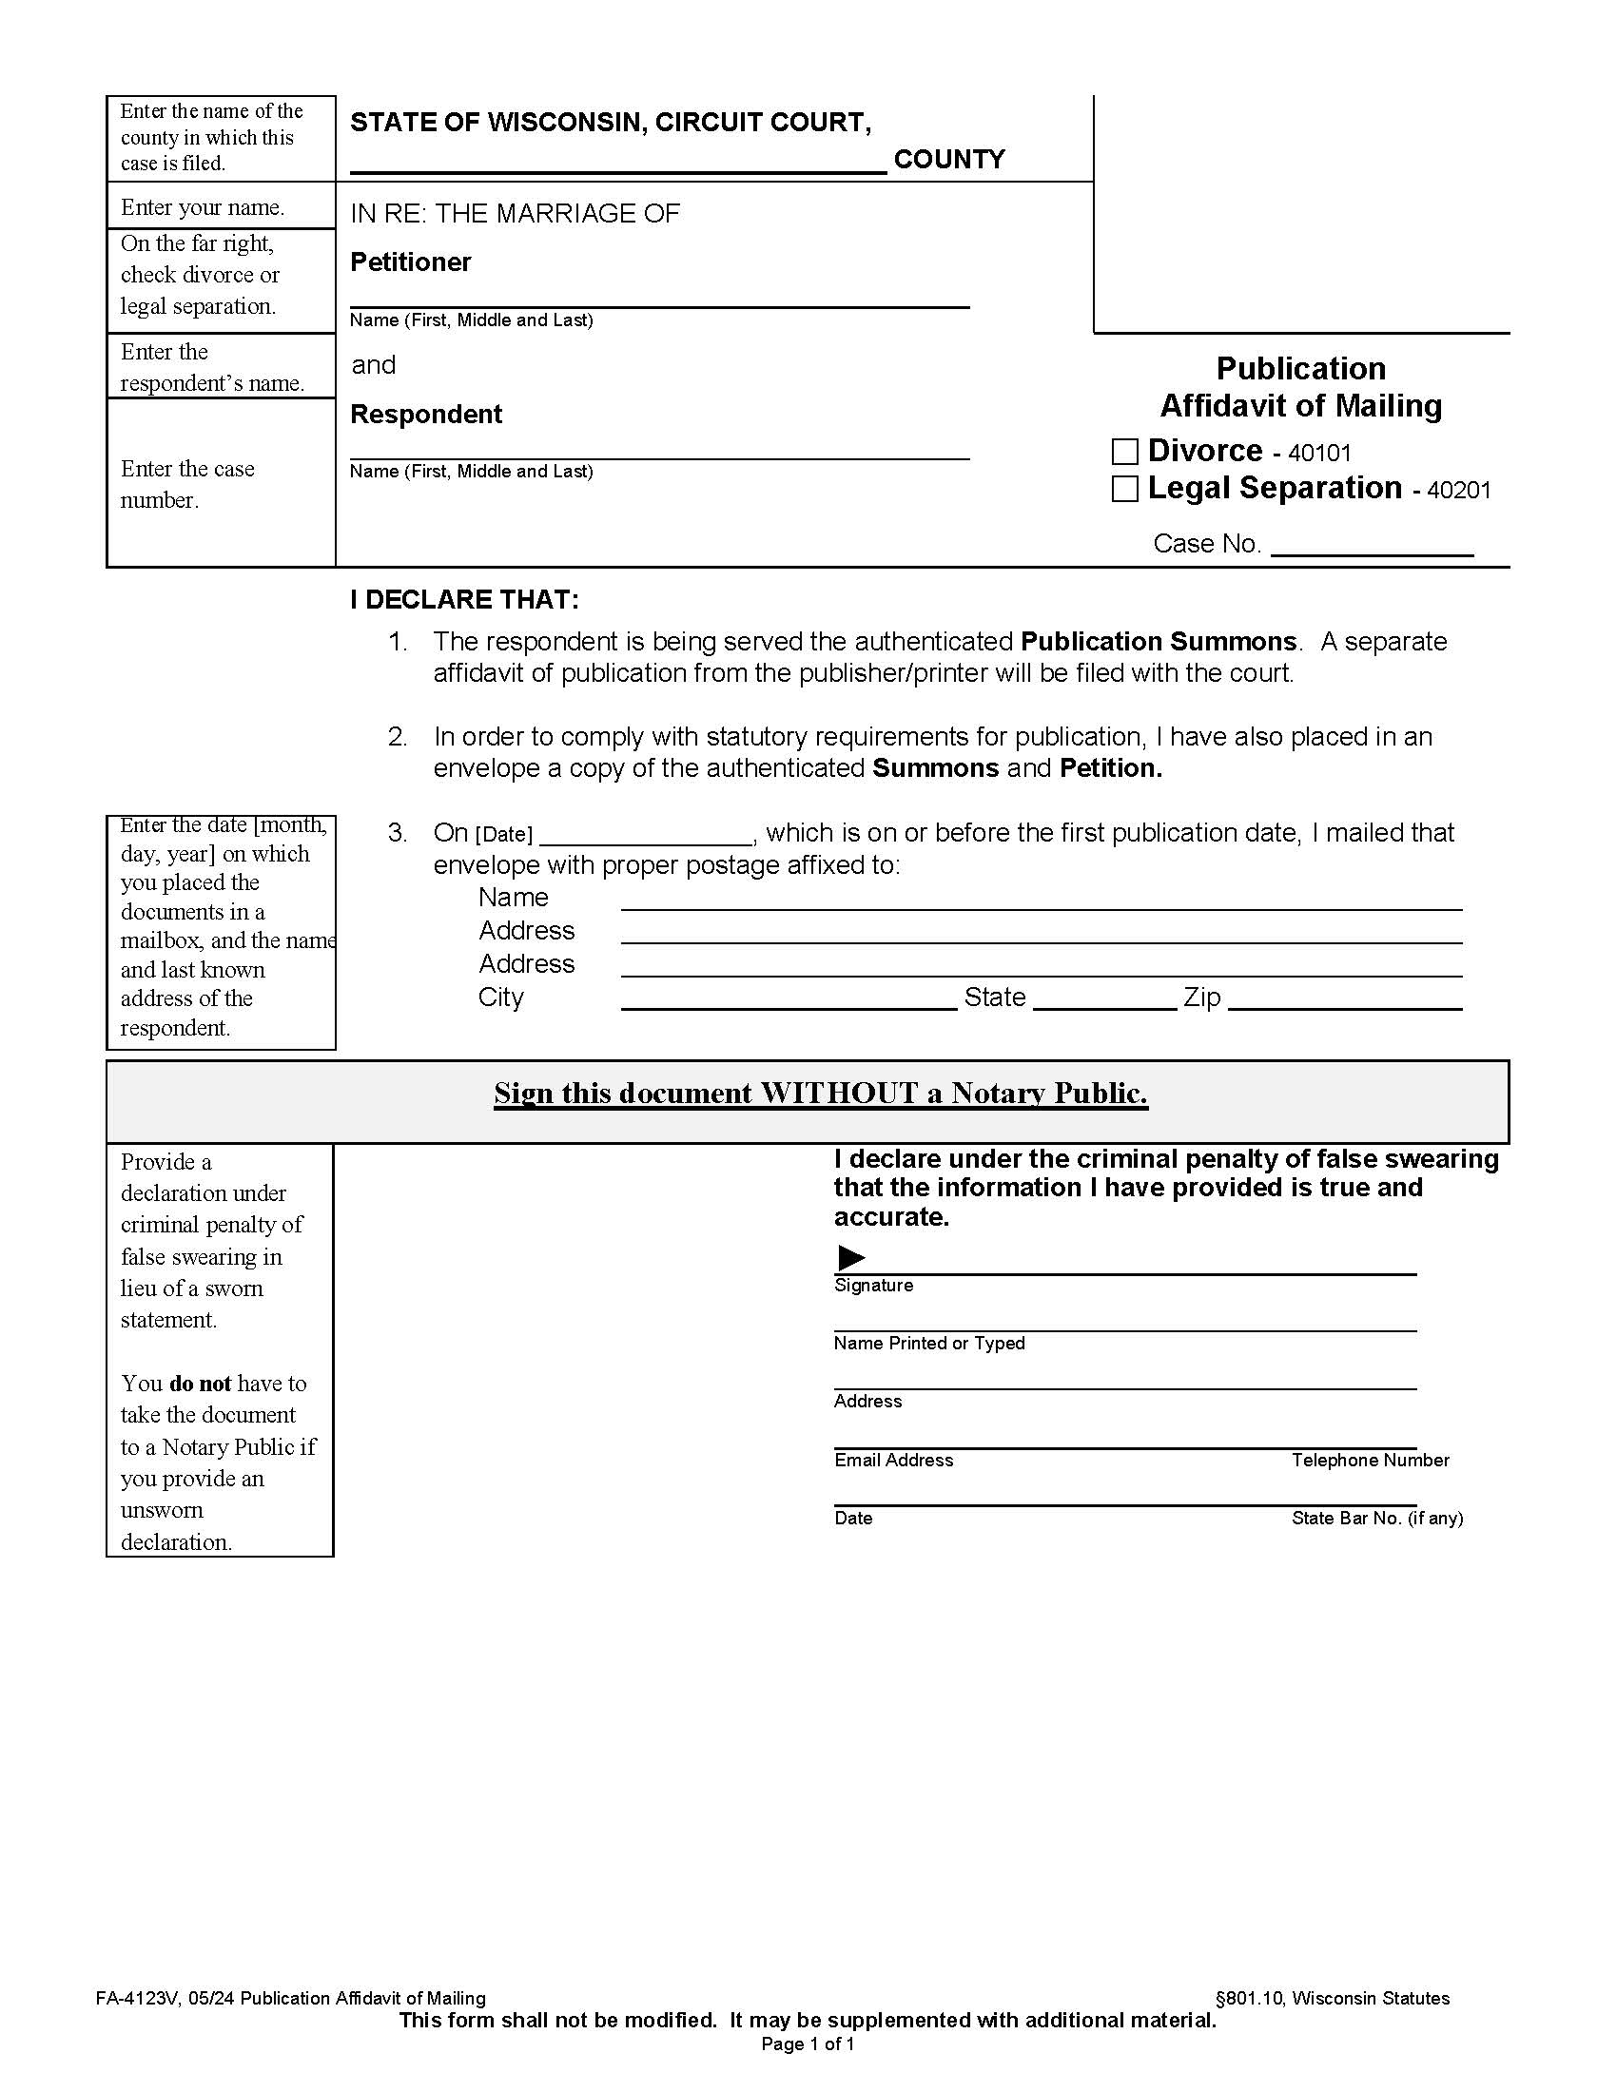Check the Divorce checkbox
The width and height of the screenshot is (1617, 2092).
pos(1124,451)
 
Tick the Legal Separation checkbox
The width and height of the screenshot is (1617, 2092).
pos(1124,489)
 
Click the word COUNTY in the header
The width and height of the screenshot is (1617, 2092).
pos(948,159)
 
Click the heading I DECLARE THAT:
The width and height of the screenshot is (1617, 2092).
pos(464,600)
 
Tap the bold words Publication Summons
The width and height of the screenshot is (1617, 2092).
pos(1159,641)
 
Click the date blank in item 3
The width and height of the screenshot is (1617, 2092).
pos(647,836)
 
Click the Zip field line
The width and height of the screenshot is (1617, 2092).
pos(1344,1000)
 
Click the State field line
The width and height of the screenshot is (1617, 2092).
pos(1104,1000)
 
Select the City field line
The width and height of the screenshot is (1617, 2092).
pos(789,1000)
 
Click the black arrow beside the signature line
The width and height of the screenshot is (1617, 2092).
pos(850,1257)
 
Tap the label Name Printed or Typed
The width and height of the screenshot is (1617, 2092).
pos(928,1343)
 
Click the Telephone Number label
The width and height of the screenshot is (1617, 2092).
pos(1369,1460)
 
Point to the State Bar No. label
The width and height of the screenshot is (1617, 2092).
pos(1375,1518)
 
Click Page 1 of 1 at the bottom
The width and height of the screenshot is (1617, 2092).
pos(808,2044)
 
